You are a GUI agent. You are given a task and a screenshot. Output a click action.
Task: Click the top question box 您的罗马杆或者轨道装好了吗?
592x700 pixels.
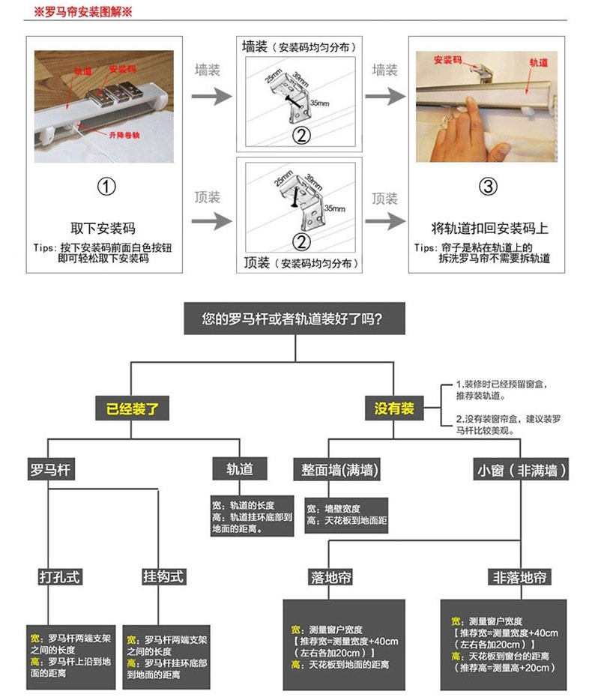[295, 318]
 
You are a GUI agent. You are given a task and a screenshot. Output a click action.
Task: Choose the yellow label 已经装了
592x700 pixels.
[132, 408]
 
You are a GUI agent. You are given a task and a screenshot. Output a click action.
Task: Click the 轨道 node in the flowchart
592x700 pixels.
[239, 470]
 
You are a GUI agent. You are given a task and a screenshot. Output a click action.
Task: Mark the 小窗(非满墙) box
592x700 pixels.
[522, 471]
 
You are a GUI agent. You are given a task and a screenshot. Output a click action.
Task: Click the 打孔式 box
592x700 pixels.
[60, 576]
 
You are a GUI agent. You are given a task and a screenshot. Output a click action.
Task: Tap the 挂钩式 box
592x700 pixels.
[163, 576]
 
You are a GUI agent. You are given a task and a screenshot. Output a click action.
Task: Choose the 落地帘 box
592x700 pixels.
[330, 577]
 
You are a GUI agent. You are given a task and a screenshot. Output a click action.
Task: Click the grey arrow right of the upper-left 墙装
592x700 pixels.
[212, 97]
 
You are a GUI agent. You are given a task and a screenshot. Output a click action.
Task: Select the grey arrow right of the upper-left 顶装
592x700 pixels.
[212, 221]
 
